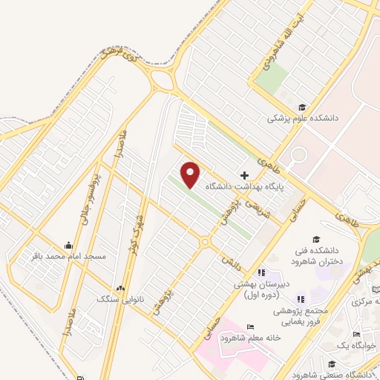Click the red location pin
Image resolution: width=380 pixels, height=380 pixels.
(x=191, y=174)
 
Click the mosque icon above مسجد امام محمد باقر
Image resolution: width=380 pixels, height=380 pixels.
(x=69, y=244)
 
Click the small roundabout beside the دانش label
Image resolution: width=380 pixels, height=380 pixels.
(x=205, y=242)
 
